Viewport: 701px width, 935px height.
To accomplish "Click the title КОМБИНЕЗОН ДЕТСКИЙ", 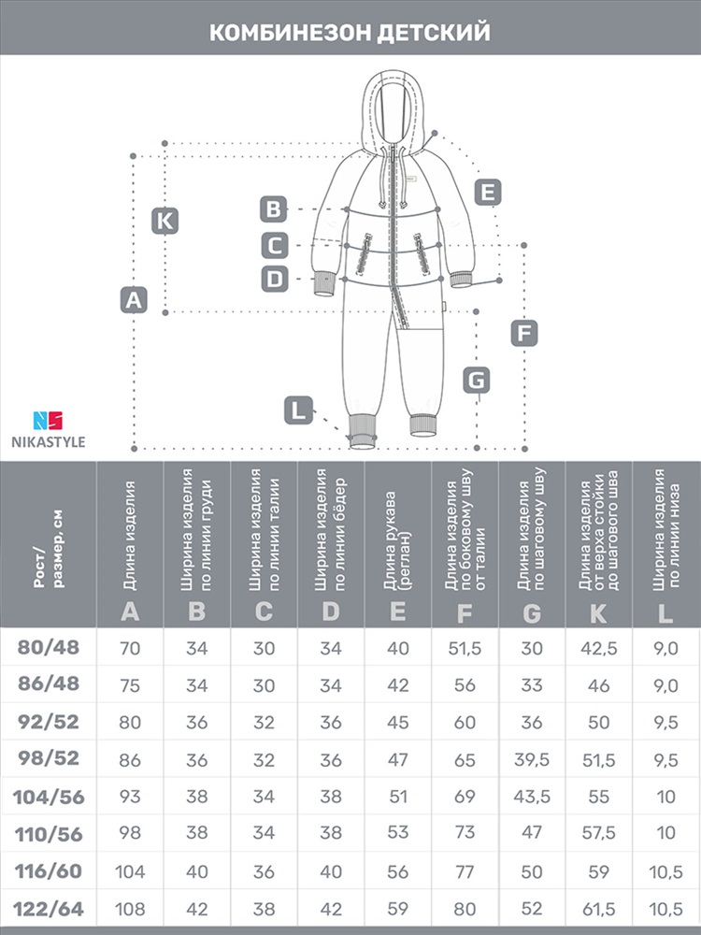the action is pos(350,32).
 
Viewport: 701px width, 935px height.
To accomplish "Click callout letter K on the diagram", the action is pos(165,221).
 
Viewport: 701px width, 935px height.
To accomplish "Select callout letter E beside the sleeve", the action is pos(488,193).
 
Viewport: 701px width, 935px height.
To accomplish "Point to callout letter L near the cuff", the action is pos(298,410).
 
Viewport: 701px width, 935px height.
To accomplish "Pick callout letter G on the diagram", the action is pos(477,380).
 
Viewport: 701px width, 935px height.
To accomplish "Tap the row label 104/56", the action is pos(49,797).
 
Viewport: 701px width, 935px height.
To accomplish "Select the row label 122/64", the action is pos(49,909).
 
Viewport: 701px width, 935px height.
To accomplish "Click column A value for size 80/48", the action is pos(130,648).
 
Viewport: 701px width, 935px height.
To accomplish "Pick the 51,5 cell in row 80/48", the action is pos(465,648).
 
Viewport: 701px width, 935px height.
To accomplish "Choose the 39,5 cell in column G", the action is pos(532,759).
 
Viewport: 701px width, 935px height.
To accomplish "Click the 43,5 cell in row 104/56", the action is pos(532,797).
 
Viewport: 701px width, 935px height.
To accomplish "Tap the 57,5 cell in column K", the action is pos(598,834).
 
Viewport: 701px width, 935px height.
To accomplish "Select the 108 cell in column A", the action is pos(130,909).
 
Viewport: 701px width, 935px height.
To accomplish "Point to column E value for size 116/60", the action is pos(397,871).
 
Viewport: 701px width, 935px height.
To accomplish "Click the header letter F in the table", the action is pos(465,613).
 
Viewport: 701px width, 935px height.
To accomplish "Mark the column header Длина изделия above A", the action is pos(130,536).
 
